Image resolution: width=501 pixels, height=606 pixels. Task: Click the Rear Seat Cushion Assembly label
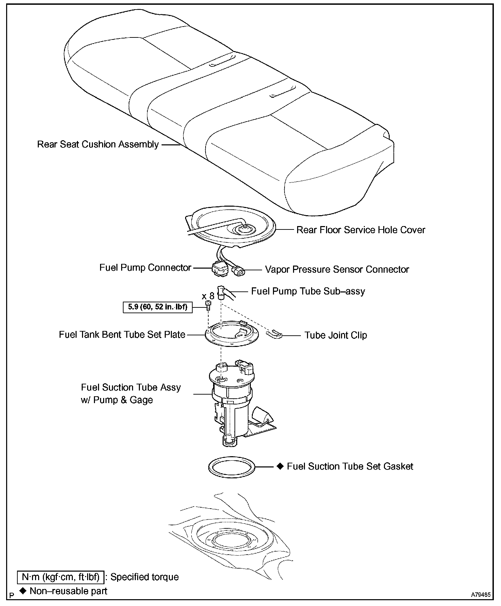98,144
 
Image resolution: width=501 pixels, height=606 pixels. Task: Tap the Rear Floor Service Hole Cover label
360,230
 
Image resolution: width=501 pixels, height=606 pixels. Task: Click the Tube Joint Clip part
275,334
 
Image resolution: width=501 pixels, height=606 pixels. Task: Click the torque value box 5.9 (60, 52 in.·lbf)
157,307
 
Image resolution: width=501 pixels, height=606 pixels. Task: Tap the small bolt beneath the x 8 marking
208,305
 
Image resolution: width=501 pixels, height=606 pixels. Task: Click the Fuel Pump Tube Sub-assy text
308,291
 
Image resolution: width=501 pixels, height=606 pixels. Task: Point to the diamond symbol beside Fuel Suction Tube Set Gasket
280,466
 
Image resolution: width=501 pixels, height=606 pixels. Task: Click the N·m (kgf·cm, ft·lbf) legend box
60,577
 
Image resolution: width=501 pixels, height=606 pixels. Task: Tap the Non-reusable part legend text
68,591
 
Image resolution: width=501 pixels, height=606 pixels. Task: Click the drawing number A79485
481,595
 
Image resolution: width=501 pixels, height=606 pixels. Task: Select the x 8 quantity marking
208,296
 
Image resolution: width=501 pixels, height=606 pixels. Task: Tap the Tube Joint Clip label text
336,335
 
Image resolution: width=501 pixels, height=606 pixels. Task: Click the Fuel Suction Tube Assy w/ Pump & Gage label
131,394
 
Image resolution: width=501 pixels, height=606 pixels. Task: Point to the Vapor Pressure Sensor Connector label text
337,269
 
